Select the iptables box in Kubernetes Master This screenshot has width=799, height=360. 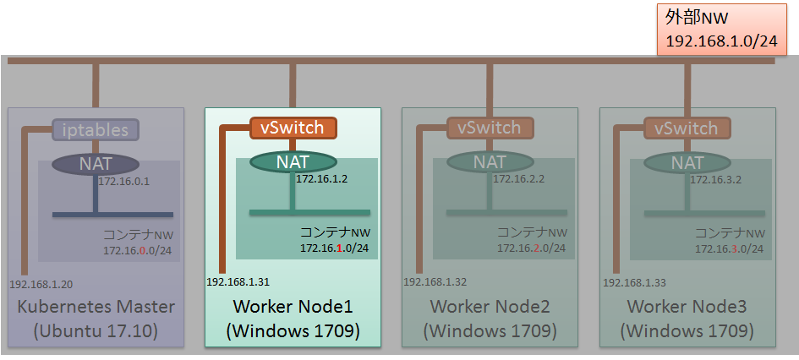click(x=96, y=129)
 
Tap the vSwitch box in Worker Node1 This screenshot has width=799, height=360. click(x=293, y=128)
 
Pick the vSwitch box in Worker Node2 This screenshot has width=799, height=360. click(x=490, y=128)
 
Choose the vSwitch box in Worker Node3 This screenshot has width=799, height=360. click(x=687, y=128)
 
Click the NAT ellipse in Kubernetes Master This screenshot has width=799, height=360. click(x=96, y=162)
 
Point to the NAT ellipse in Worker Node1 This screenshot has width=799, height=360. click(x=293, y=161)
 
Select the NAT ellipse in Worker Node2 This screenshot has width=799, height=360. click(x=490, y=161)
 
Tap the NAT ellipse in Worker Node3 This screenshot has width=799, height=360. click(x=687, y=161)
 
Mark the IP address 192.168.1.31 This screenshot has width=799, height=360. click(x=238, y=281)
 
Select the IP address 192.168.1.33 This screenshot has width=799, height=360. click(x=632, y=285)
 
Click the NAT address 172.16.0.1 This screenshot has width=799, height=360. click(x=123, y=181)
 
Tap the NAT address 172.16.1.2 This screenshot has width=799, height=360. click(x=321, y=179)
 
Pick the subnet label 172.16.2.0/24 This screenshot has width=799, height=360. click(x=531, y=248)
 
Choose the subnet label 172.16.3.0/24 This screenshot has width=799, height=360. click(x=730, y=248)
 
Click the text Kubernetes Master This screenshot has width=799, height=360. click(x=96, y=306)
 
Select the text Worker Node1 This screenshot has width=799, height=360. click(x=293, y=305)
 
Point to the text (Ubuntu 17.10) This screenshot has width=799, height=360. click(x=96, y=330)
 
